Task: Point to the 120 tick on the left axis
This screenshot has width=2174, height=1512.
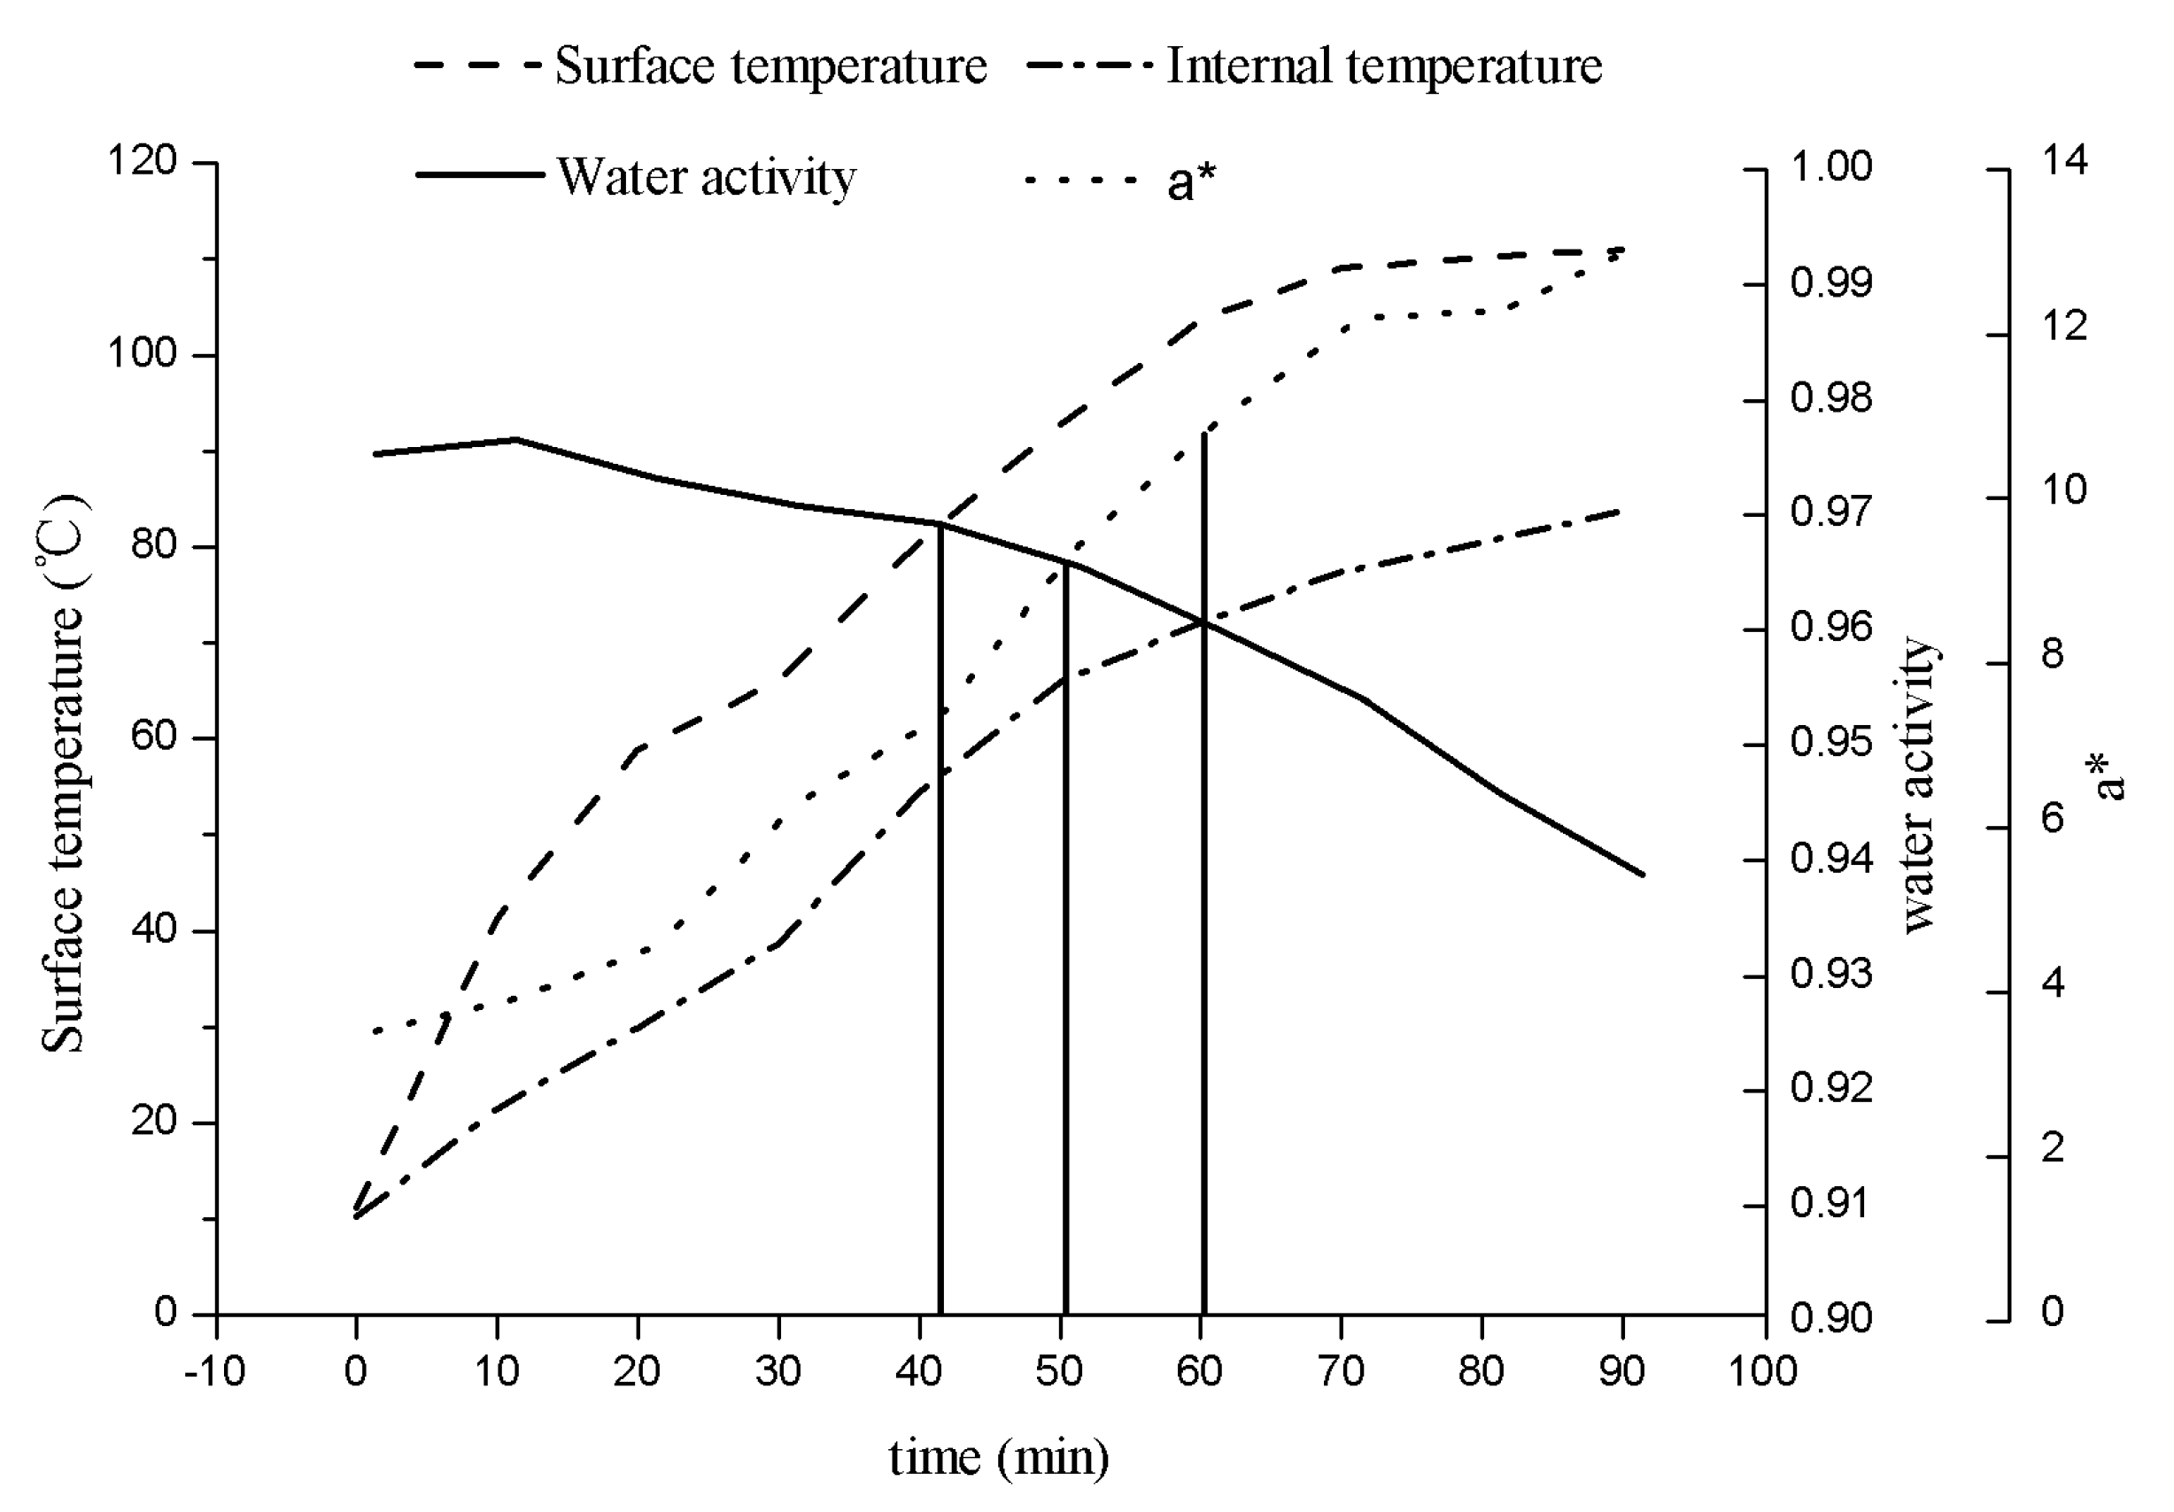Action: (142, 161)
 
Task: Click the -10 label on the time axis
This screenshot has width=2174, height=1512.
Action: (215, 1371)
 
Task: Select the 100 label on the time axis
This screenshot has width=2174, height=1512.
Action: (1763, 1371)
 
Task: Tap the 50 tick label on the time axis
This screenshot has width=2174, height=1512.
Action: (1058, 1371)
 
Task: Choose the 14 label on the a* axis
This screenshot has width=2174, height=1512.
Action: (2064, 161)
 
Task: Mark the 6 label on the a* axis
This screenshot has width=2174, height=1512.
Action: (2053, 818)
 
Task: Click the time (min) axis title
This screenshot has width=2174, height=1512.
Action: (999, 1457)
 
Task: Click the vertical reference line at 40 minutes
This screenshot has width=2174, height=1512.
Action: (940, 918)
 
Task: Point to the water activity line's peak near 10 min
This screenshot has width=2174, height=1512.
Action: (516, 439)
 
